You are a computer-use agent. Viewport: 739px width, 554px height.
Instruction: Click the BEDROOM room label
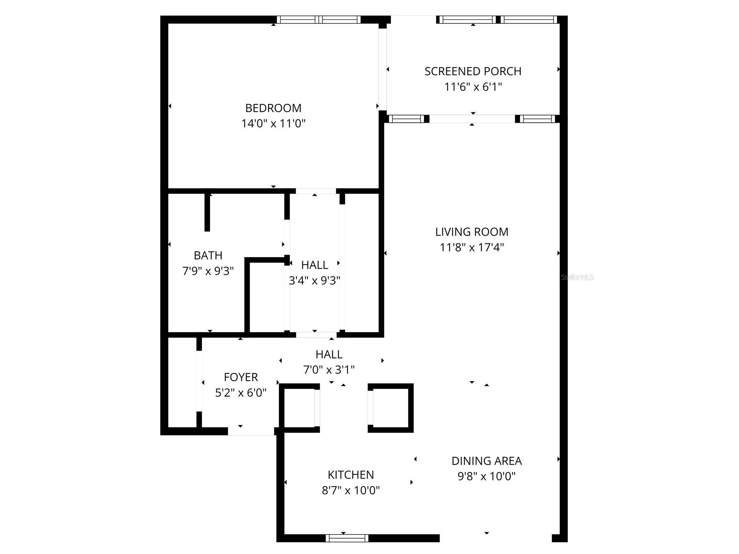[x=273, y=108]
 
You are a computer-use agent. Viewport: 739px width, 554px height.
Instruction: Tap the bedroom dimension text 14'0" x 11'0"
[x=273, y=124]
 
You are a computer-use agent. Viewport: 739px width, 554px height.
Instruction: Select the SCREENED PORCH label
[x=473, y=72]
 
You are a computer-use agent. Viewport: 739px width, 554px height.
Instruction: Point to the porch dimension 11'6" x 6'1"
[x=473, y=87]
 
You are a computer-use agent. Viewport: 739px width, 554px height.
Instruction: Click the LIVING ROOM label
[x=472, y=232]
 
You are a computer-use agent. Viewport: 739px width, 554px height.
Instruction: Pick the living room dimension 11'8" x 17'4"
[x=472, y=247]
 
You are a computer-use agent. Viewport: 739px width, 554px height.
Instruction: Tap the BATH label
[x=208, y=256]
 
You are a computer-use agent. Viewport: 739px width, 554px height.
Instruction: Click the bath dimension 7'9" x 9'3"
[x=208, y=271]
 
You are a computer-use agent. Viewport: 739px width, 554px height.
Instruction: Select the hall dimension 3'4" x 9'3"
[x=314, y=281]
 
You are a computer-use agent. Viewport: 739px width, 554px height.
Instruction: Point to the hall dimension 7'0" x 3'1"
[x=329, y=370]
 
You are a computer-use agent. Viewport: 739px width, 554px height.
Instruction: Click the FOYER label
[x=241, y=377]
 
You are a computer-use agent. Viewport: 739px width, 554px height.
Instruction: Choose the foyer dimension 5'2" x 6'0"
[x=241, y=393]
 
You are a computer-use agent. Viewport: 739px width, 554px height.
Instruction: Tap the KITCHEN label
[x=351, y=475]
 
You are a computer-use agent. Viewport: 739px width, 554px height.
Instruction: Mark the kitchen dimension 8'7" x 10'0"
[x=351, y=490]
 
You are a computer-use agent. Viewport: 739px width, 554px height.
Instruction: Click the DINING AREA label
[x=486, y=461]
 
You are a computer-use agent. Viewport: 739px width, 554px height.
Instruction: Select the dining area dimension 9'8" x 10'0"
[x=486, y=476]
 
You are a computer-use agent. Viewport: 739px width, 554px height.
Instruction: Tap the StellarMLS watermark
[x=577, y=277]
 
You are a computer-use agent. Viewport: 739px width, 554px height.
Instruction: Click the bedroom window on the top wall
[x=319, y=20]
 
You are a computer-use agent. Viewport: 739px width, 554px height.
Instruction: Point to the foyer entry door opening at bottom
[x=251, y=431]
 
